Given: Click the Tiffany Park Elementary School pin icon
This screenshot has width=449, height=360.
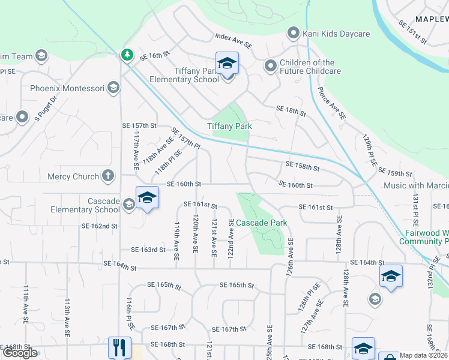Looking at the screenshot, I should click(x=227, y=63).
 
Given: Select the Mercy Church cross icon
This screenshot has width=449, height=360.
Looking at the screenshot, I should click(x=107, y=176).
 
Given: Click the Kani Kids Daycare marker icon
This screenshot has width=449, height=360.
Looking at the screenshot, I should click(x=294, y=33).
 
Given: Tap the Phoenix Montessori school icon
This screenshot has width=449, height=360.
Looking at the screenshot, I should click(x=113, y=88).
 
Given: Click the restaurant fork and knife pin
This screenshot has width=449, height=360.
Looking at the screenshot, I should click(x=118, y=347).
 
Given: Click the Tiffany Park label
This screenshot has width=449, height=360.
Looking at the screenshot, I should click(x=229, y=126).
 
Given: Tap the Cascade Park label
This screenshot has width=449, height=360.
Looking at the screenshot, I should click(x=261, y=223).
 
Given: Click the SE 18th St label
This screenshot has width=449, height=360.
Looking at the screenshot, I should click(x=291, y=110).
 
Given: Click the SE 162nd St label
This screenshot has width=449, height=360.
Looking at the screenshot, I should click(x=100, y=226).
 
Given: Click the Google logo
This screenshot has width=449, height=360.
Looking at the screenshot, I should click(x=20, y=353).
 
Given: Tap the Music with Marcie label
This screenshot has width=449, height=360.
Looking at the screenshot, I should click(x=416, y=186).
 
